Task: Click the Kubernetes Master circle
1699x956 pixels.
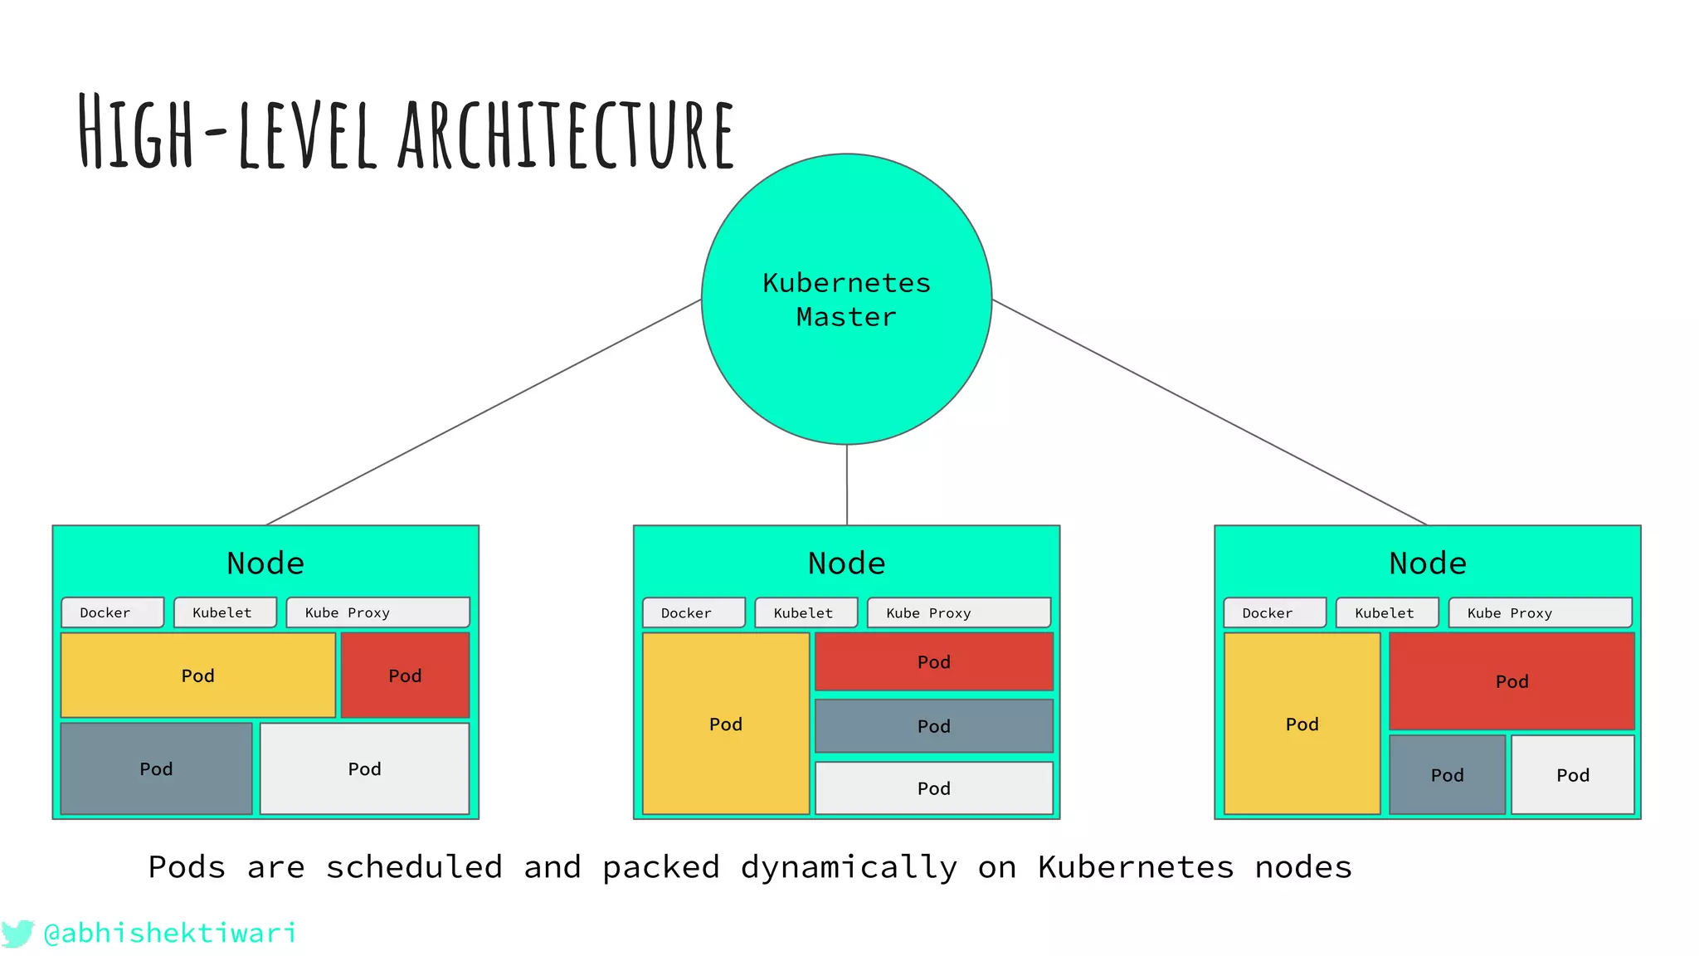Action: pyautogui.click(x=846, y=299)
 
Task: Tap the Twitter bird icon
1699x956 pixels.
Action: pyautogui.click(x=17, y=933)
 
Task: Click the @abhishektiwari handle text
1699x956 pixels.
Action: pyautogui.click(x=170, y=933)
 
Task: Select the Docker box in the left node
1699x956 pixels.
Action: pyautogui.click(x=112, y=612)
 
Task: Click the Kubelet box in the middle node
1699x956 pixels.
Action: pyautogui.click(x=806, y=612)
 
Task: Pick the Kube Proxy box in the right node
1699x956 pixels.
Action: pyautogui.click(x=1540, y=612)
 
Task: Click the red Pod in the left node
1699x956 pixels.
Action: pyautogui.click(x=405, y=675)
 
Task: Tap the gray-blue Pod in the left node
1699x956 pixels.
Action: pyautogui.click(x=156, y=768)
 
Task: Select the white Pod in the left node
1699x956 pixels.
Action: pyautogui.click(x=364, y=768)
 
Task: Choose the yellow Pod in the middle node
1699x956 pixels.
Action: pyautogui.click(x=725, y=724)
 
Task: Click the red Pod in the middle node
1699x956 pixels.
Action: pyautogui.click(x=933, y=661)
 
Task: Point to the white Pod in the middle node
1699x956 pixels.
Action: pyautogui.click(x=933, y=788)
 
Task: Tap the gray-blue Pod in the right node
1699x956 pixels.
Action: pyautogui.click(x=1447, y=774)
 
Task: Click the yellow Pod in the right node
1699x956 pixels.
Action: pyautogui.click(x=1302, y=724)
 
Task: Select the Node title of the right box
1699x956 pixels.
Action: pyautogui.click(x=1427, y=563)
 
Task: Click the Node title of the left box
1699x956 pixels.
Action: pyautogui.click(x=265, y=563)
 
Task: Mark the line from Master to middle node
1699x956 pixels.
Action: pyautogui.click(x=846, y=485)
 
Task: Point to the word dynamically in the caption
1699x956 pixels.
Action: pyautogui.click(x=849, y=868)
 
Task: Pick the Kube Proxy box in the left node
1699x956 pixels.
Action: pyautogui.click(x=377, y=612)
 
